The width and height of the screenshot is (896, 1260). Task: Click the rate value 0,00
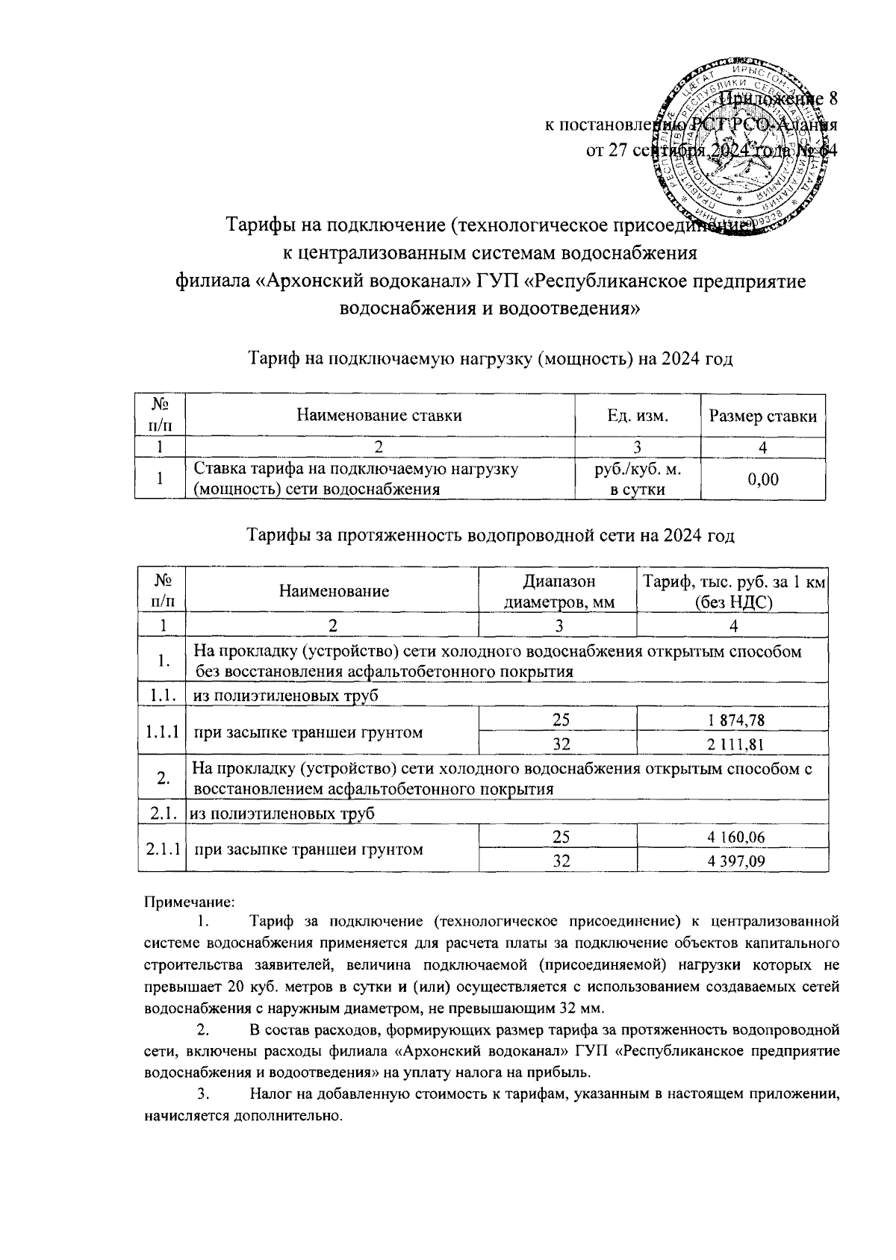762,479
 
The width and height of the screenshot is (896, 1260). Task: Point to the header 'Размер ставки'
762,417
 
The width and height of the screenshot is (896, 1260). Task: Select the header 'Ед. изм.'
637,417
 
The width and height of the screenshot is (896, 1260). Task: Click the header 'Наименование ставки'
379,417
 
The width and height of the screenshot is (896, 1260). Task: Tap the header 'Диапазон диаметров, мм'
559,592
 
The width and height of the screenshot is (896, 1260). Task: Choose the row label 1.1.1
162,732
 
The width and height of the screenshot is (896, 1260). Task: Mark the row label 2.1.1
162,849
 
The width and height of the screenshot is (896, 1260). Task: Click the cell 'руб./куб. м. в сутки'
637,479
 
